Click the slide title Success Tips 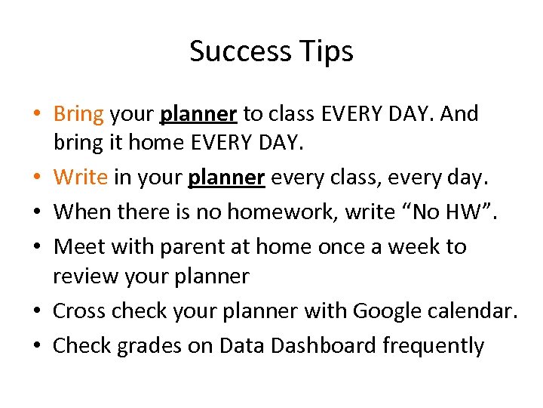tap(271, 51)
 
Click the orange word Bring tap(78, 114)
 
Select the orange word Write tap(81, 177)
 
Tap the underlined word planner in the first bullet tap(199, 115)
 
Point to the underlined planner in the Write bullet tap(226, 178)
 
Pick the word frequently tap(434, 346)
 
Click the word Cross tap(79, 311)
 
